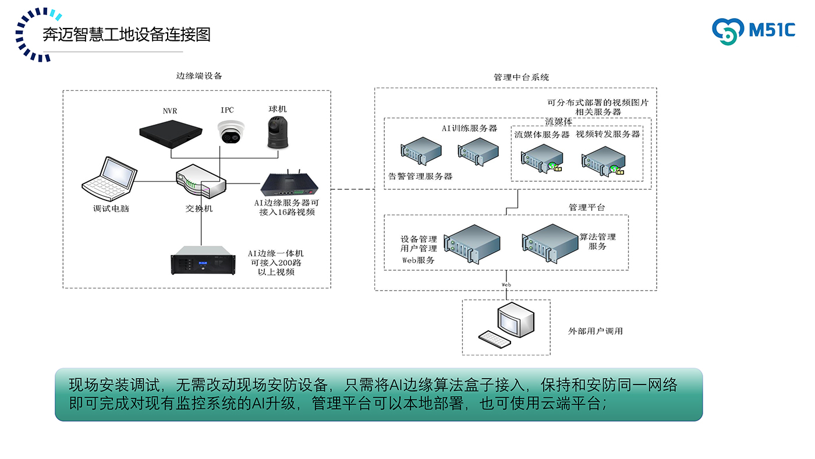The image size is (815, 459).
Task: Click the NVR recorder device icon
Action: point(172,131)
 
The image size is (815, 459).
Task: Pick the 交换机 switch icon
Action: point(201,182)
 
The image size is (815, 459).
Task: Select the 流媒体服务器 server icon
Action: point(541,158)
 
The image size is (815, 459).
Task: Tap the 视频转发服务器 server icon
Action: point(604,160)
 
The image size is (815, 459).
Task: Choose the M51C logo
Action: point(753,31)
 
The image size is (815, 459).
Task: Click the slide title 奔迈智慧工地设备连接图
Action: point(126,34)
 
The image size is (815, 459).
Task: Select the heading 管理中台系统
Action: point(520,77)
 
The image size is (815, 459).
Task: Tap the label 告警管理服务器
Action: point(420,176)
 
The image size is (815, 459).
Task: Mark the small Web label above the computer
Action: point(506,284)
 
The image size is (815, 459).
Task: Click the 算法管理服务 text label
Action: point(597,241)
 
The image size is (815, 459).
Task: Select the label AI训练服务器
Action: point(469,128)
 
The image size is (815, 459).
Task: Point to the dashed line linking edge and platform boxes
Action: point(352,189)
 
